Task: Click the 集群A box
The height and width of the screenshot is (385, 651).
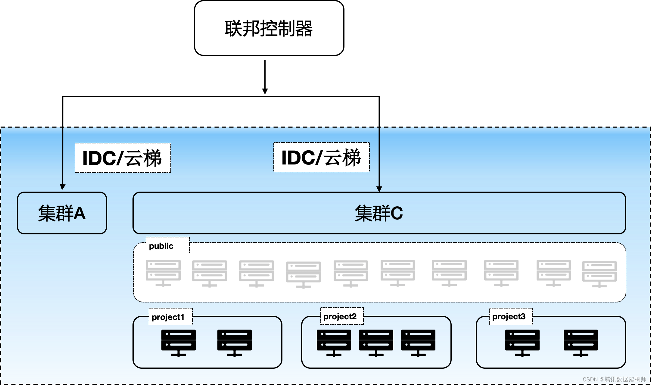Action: (62, 213)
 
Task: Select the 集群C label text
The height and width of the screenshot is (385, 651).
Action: (378, 213)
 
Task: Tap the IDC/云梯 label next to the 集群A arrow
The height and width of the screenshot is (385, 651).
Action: (123, 158)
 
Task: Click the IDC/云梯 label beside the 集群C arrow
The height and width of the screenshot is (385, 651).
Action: (321, 157)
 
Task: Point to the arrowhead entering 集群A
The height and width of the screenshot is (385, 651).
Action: (63, 187)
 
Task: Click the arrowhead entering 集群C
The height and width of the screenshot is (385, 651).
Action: (379, 189)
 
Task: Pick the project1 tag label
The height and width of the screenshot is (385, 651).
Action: (170, 317)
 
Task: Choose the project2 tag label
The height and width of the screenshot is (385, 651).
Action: (342, 316)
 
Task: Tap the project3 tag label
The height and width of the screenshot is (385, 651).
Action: (511, 316)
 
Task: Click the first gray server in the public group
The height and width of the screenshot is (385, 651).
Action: (163, 273)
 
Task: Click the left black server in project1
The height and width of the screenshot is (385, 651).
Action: (179, 343)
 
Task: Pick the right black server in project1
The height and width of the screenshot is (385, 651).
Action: (234, 343)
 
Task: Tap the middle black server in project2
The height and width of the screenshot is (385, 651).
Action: (376, 343)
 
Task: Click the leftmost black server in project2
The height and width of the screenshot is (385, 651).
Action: (334, 343)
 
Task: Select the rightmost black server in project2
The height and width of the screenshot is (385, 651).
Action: (418, 343)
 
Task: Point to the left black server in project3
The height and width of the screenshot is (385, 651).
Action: (522, 343)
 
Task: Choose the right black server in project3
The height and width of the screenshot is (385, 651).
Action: (581, 343)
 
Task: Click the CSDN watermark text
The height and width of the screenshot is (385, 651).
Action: (614, 379)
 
